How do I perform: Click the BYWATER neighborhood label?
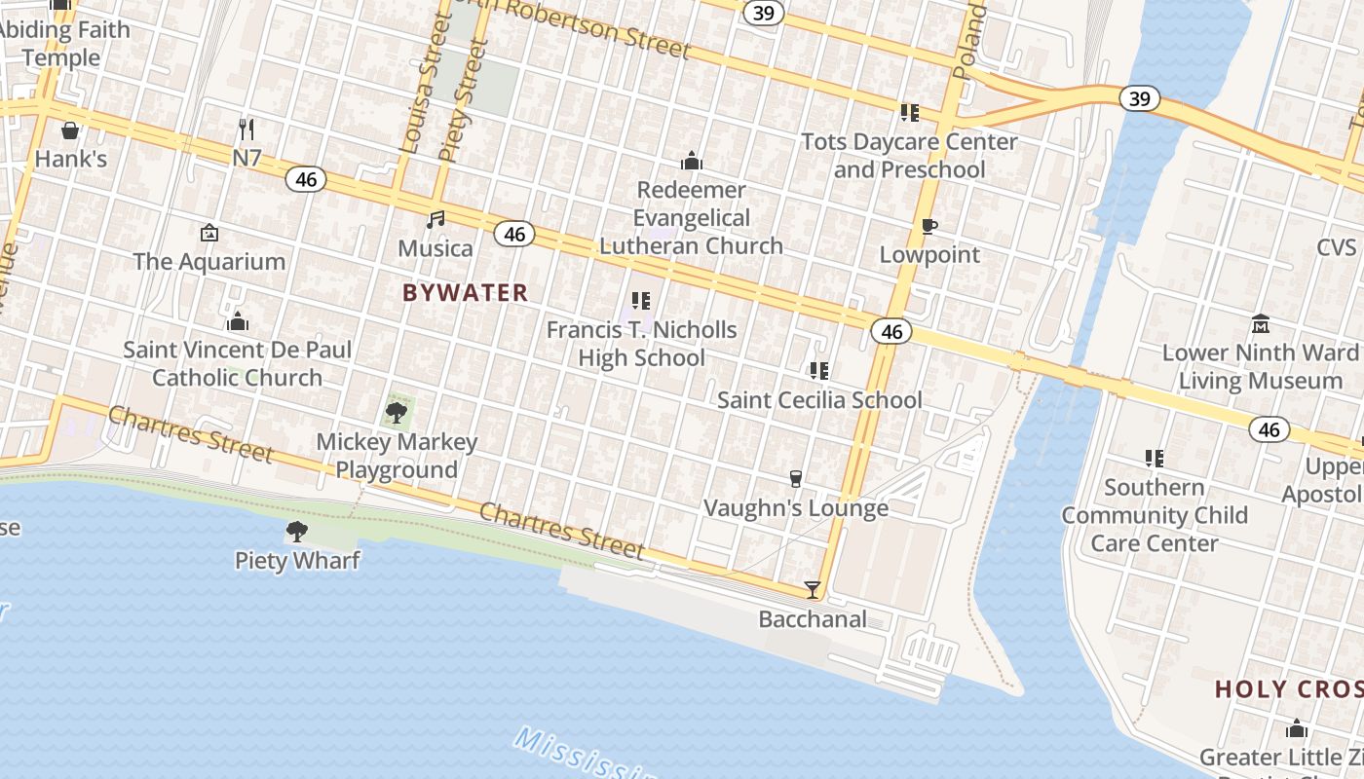point(466,292)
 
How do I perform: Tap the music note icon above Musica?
point(436,220)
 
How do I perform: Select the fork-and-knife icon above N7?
point(246,129)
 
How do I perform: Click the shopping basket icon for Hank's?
point(70,130)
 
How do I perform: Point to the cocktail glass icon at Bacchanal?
point(812,590)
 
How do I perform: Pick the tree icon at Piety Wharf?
point(297,532)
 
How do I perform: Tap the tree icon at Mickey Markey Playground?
point(397,413)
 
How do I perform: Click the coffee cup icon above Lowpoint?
point(929,227)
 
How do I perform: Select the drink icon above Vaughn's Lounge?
point(796,479)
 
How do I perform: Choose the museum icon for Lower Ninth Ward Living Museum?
point(1261,323)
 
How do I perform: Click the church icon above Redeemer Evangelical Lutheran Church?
point(691,161)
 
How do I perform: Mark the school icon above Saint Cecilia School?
point(819,371)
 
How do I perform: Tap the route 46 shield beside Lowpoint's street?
point(891,332)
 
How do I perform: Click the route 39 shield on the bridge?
point(1138,98)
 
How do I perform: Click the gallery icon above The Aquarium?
point(208,233)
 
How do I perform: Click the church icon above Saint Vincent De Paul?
point(237,320)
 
